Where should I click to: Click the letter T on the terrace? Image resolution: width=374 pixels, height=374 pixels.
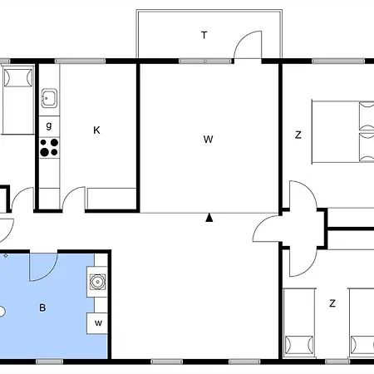204,35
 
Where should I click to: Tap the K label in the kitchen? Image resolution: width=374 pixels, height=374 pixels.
96,130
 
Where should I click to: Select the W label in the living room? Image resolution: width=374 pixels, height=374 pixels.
208,139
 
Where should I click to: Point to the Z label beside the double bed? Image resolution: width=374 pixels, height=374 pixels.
297,134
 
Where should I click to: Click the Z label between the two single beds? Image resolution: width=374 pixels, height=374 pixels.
332,303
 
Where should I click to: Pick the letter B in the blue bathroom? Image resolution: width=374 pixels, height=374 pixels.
42,308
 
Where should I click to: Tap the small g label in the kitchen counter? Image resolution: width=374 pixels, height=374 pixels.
49,125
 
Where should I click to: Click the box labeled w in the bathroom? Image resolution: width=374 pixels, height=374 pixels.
98,322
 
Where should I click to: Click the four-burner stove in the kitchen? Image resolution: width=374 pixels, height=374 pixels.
49,147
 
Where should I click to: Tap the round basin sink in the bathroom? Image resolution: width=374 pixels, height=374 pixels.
98,281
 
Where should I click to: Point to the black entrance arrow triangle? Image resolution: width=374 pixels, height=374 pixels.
210,219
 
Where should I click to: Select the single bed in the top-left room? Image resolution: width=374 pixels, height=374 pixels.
17,99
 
